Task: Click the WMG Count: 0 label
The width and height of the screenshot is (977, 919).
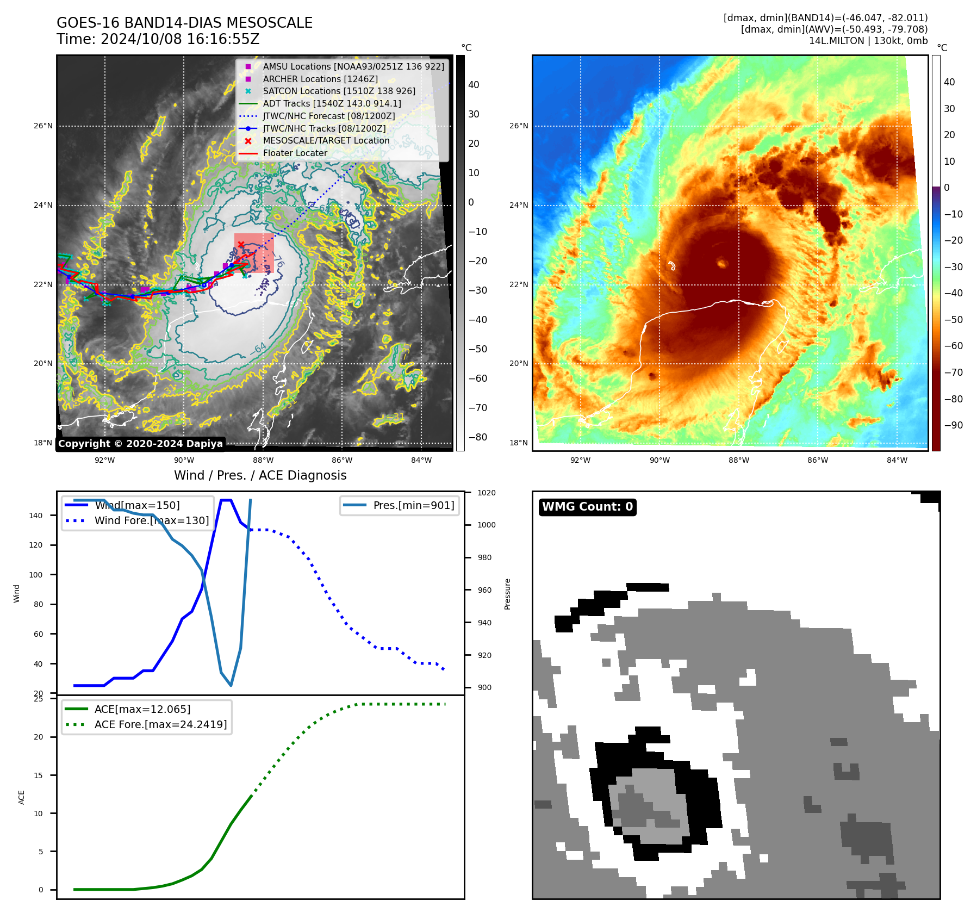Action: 587,507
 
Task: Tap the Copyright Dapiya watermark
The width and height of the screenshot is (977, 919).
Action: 140,444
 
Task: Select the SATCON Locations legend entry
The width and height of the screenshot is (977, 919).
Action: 339,91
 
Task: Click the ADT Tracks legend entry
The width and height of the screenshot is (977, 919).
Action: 332,103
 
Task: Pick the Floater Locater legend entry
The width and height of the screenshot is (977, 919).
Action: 295,153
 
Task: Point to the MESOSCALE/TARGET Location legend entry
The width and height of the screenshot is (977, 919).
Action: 326,141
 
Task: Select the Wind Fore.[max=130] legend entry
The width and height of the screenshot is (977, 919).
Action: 152,520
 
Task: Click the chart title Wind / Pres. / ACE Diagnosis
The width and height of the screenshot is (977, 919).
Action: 260,475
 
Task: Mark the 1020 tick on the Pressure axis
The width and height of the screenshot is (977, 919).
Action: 486,493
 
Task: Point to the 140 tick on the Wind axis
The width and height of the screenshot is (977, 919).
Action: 36,516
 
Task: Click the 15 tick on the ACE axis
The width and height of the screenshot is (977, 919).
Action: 39,775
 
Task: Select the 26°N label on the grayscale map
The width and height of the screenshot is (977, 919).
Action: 43,126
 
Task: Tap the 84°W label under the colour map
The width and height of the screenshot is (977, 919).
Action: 897,460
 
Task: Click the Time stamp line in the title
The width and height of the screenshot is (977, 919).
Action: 158,39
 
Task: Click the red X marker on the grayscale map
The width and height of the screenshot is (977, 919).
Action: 241,245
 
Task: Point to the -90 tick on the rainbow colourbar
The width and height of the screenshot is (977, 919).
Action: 953,425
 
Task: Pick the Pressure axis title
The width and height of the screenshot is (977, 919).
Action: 507,594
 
